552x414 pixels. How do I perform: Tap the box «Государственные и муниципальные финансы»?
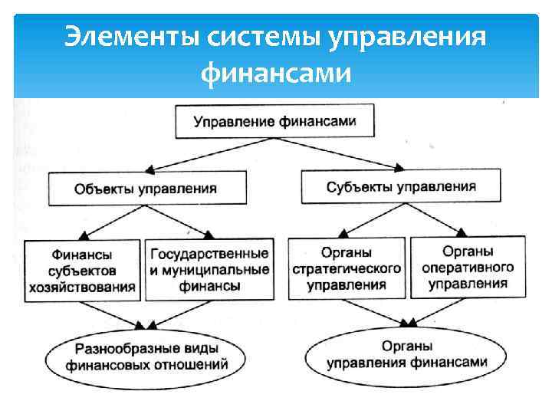point(209,269)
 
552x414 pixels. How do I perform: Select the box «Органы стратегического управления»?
point(347,269)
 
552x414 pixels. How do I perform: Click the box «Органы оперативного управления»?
point(468,267)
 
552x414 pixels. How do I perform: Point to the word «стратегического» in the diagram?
point(347,269)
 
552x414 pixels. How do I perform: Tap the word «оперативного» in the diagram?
point(468,268)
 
